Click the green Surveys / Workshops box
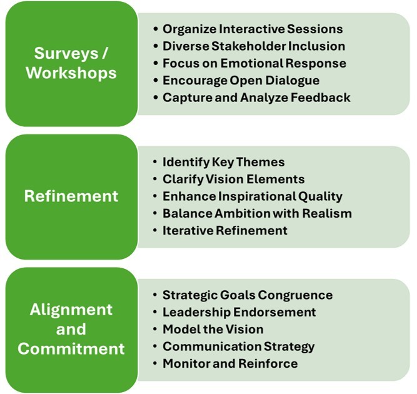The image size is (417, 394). [x=71, y=64]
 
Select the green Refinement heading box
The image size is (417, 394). [x=71, y=197]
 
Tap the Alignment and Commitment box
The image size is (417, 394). [x=71, y=330]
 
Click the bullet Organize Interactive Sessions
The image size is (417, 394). [x=253, y=29]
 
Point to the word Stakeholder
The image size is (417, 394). [x=249, y=46]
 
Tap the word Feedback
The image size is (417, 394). [x=321, y=98]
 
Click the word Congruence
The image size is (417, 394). [x=295, y=295]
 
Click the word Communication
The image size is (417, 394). [x=212, y=346]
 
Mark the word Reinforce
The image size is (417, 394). [x=268, y=363]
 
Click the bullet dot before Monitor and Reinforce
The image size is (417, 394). [x=155, y=363]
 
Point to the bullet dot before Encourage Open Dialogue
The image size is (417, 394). [x=155, y=80]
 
